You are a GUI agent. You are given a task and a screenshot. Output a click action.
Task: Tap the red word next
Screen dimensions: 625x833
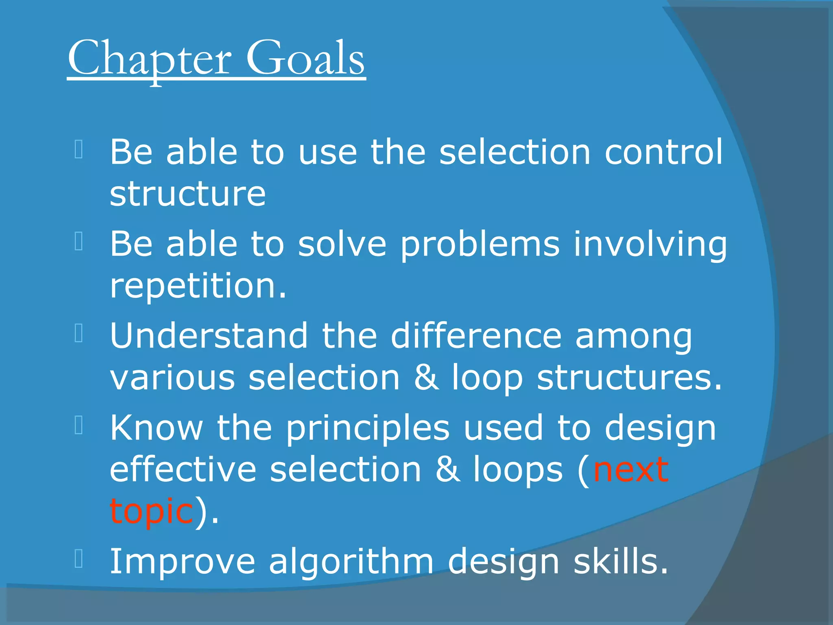631,470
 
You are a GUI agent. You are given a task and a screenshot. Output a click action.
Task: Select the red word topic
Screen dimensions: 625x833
151,512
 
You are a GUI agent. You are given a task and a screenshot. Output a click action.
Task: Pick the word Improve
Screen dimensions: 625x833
183,562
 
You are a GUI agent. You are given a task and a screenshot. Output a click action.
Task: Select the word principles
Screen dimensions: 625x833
368,428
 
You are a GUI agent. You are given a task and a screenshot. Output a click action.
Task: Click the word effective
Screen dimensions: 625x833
183,470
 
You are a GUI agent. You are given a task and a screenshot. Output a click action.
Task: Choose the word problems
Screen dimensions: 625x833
480,245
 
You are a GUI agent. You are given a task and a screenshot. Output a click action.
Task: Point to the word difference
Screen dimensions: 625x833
476,336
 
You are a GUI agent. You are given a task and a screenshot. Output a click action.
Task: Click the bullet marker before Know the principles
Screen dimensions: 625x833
79,425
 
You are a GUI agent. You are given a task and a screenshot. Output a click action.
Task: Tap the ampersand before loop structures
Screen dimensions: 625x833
426,378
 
